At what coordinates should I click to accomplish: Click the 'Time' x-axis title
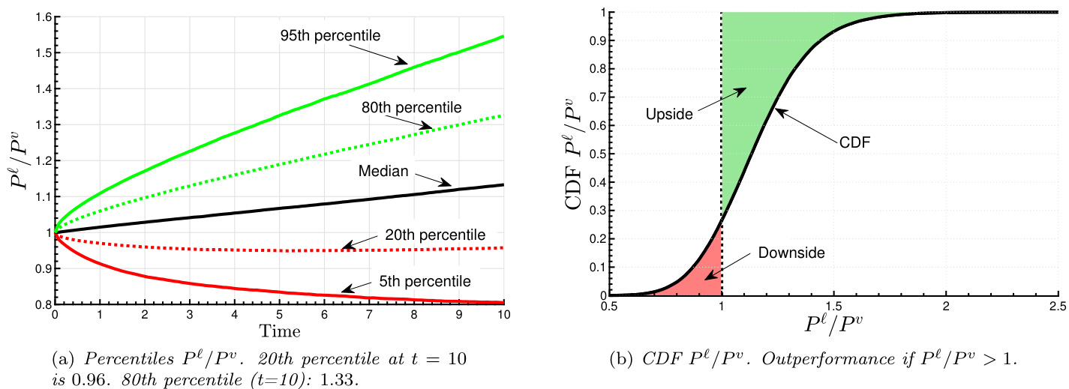(280, 331)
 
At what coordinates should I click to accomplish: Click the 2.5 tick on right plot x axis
(1058, 307)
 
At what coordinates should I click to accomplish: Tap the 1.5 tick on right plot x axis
(833, 307)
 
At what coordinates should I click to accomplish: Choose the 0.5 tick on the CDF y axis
(596, 154)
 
